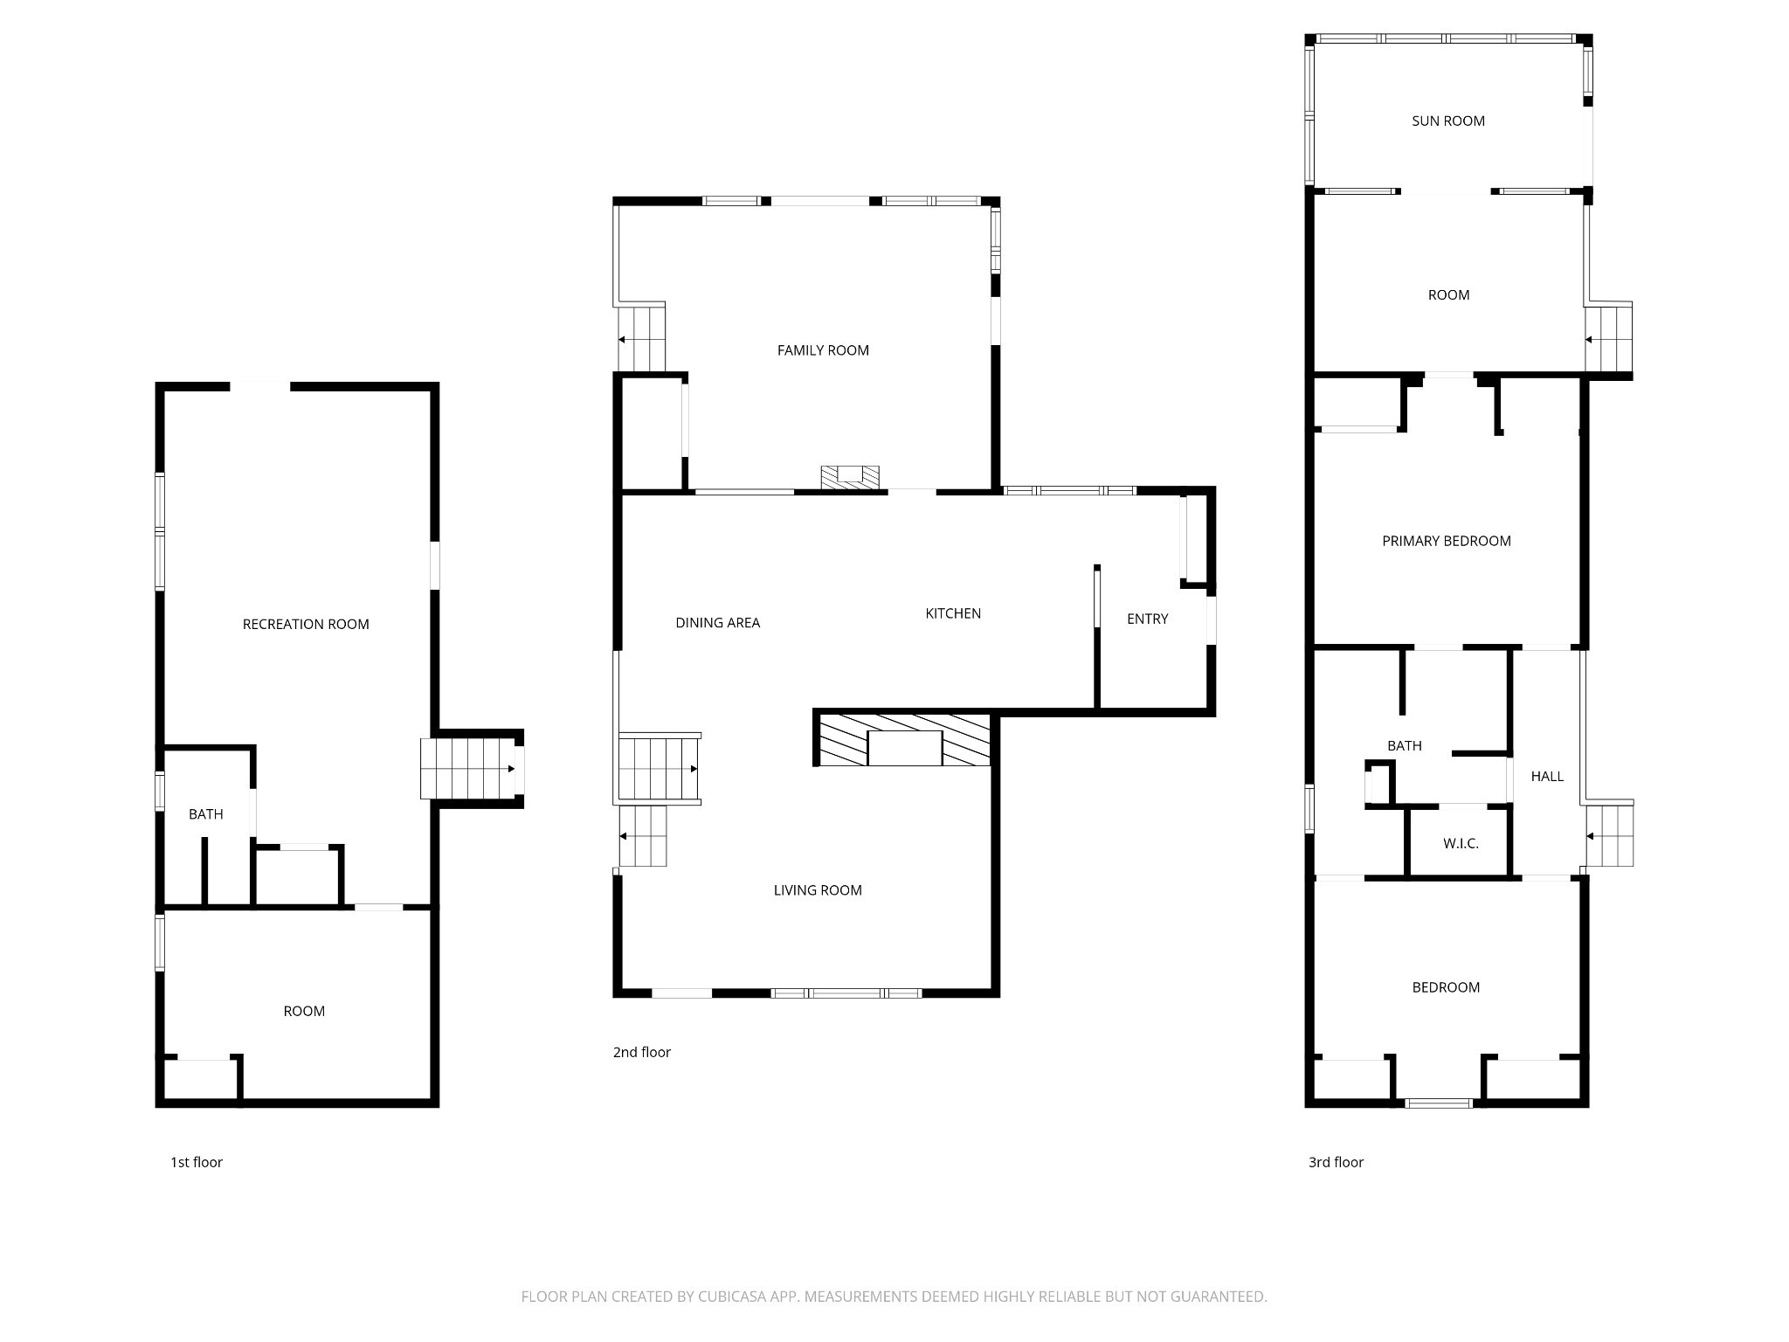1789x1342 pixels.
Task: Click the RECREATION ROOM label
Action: click(x=306, y=624)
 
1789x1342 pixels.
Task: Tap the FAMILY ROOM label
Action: click(x=823, y=350)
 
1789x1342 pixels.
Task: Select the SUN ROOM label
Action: click(x=1448, y=121)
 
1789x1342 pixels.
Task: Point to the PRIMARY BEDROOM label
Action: click(x=1447, y=541)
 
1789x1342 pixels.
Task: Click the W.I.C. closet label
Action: click(x=1461, y=844)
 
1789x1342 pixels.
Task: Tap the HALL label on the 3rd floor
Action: click(x=1547, y=776)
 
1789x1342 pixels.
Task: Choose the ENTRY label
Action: click(x=1147, y=619)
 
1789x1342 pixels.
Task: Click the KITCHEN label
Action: click(x=953, y=613)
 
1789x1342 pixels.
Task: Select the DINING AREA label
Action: click(x=718, y=623)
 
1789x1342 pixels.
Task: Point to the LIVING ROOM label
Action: click(x=818, y=890)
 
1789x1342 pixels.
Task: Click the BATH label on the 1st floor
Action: click(x=206, y=814)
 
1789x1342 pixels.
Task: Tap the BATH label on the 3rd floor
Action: click(x=1405, y=745)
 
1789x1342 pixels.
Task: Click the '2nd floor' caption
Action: click(x=642, y=1052)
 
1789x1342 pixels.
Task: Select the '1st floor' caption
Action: click(x=197, y=1162)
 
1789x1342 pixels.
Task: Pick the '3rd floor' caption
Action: click(x=1336, y=1162)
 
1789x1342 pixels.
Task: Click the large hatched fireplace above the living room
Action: click(x=904, y=739)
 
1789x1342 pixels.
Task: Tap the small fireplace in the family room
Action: click(x=850, y=477)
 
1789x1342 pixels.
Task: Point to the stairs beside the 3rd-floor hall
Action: click(x=1609, y=836)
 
